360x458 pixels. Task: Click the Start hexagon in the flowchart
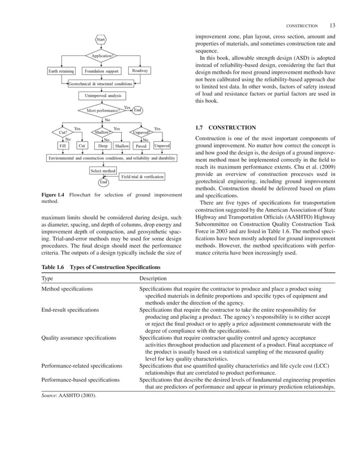tap(100, 39)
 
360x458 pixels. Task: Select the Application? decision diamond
tap(100, 56)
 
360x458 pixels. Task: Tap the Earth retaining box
tap(62, 71)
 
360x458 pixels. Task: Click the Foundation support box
tap(102, 71)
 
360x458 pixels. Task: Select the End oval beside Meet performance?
tap(138, 110)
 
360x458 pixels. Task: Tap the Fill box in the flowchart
tap(63, 146)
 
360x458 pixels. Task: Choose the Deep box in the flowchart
tap(103, 146)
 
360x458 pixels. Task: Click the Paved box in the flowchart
tap(141, 146)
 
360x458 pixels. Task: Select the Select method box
tap(103, 170)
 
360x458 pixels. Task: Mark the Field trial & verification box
tap(142, 177)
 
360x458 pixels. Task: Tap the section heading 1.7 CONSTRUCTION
tap(225, 127)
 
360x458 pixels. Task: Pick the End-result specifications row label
tap(71, 310)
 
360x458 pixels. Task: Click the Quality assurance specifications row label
tap(79, 337)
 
